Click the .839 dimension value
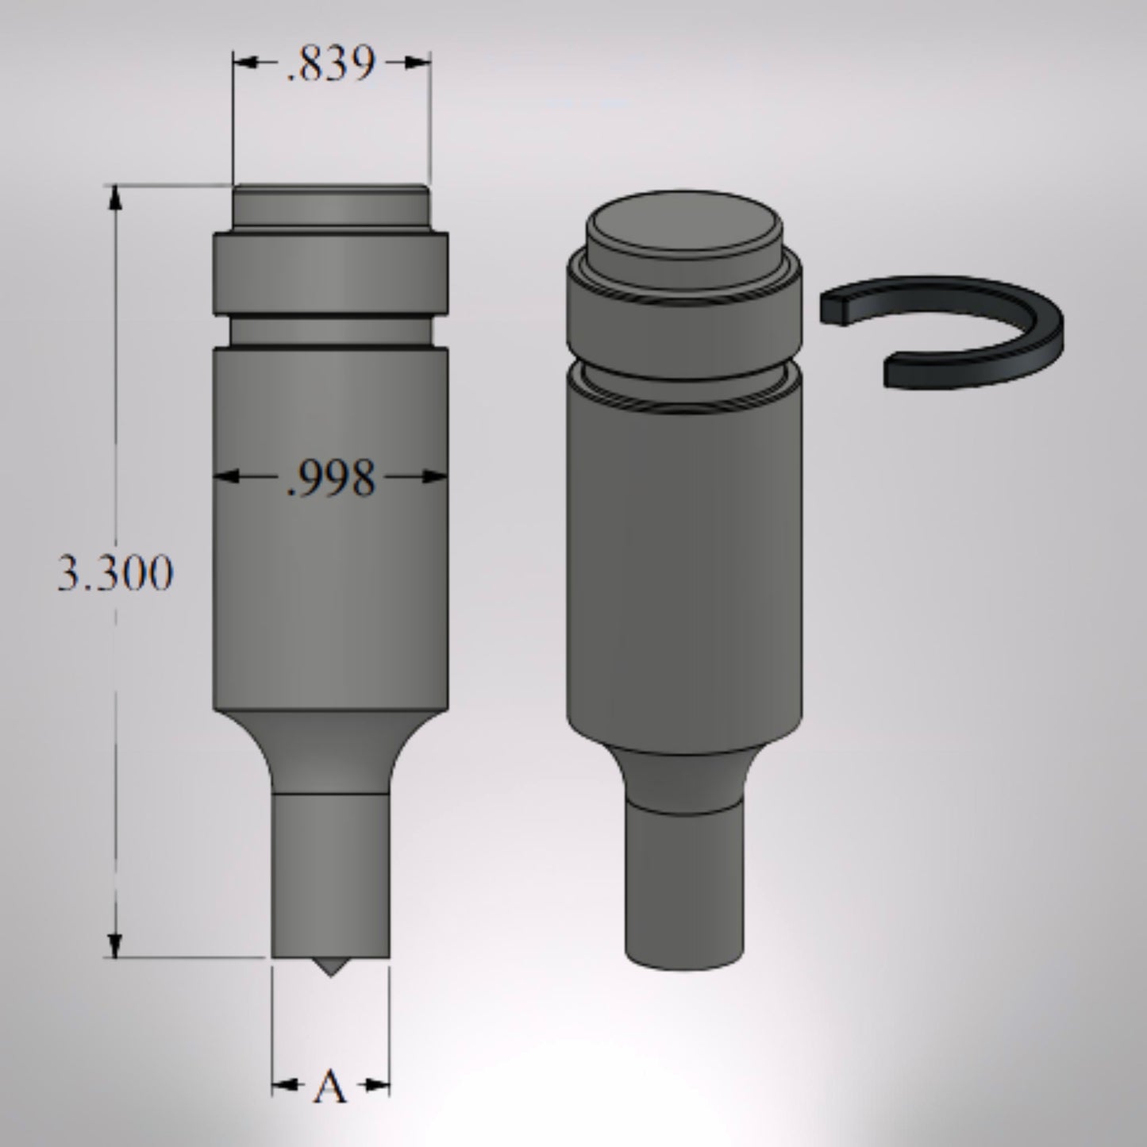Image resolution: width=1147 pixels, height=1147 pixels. tap(330, 65)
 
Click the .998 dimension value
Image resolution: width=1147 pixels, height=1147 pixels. tap(330, 479)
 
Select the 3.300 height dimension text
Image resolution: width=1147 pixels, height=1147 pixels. tap(114, 573)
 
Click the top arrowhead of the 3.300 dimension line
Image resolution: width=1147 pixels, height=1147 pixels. tap(116, 198)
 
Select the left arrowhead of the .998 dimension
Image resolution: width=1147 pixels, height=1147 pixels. tap(227, 476)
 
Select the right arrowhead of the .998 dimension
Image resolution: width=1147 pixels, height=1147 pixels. tap(435, 476)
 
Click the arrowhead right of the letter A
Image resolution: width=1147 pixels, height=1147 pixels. tap(377, 1084)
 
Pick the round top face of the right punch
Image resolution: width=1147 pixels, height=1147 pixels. tap(684, 225)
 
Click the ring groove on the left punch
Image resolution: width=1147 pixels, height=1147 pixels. tap(330, 329)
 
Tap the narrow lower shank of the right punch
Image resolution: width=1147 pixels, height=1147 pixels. tap(685, 881)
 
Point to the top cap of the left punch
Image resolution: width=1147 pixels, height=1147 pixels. tap(330, 208)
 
